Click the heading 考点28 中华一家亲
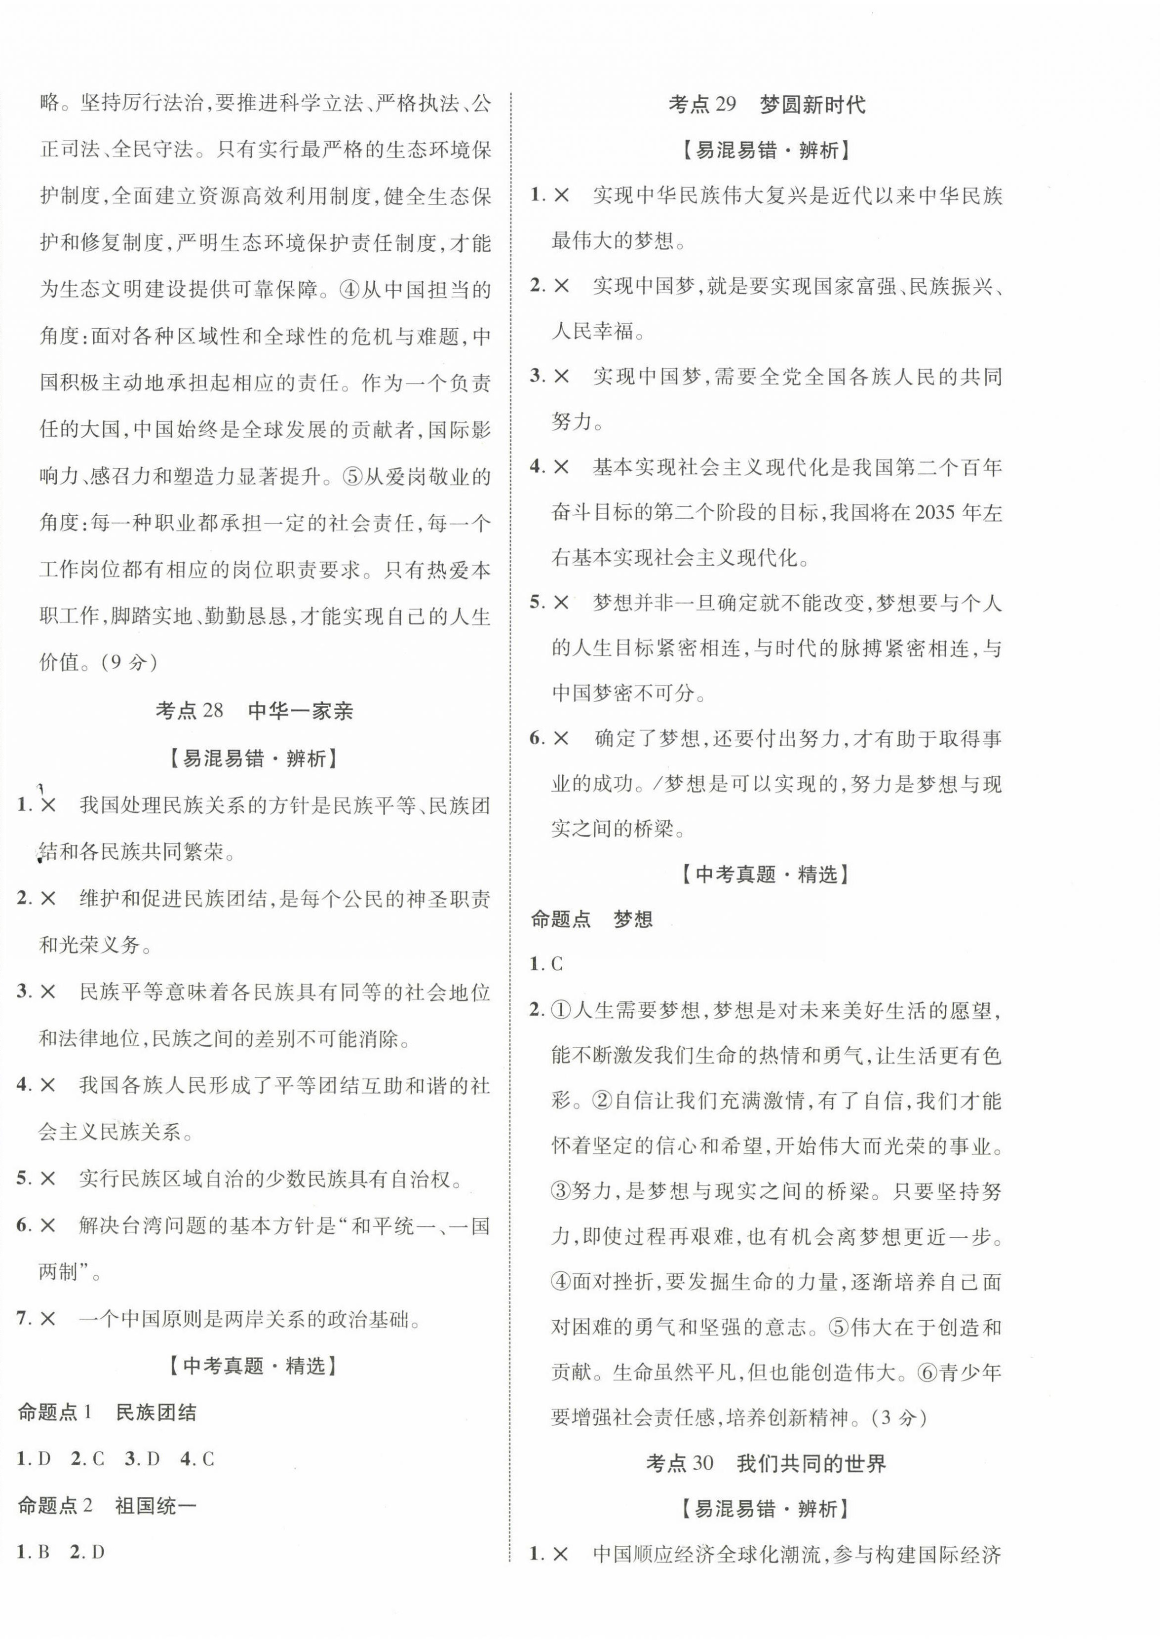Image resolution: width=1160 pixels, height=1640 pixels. [254, 711]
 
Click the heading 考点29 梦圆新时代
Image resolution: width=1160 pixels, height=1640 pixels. [767, 105]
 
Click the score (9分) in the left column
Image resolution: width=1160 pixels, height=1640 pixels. [128, 662]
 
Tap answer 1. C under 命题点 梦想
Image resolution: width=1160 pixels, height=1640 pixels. [547, 964]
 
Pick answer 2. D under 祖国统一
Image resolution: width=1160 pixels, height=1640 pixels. [88, 1552]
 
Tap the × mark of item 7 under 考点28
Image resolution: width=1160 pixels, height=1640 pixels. [48, 1319]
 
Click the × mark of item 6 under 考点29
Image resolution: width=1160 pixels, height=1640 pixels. [561, 739]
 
